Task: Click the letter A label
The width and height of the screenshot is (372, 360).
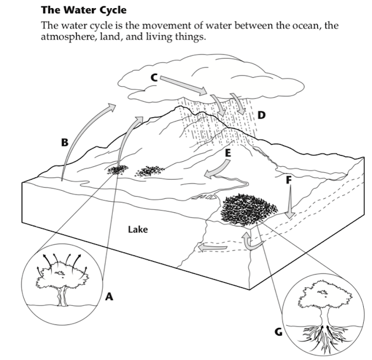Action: pos(109,297)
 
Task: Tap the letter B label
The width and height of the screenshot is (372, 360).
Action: pos(65,142)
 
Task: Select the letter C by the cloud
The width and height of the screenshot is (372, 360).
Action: pos(153,76)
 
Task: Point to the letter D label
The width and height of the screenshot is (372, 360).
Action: pos(262,115)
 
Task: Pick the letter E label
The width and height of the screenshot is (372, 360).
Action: pos(227,153)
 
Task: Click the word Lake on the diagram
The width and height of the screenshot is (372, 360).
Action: pos(138,230)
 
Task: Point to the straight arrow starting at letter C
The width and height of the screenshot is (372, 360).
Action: pos(183,84)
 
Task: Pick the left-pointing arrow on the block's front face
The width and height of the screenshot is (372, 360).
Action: pos(212,249)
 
